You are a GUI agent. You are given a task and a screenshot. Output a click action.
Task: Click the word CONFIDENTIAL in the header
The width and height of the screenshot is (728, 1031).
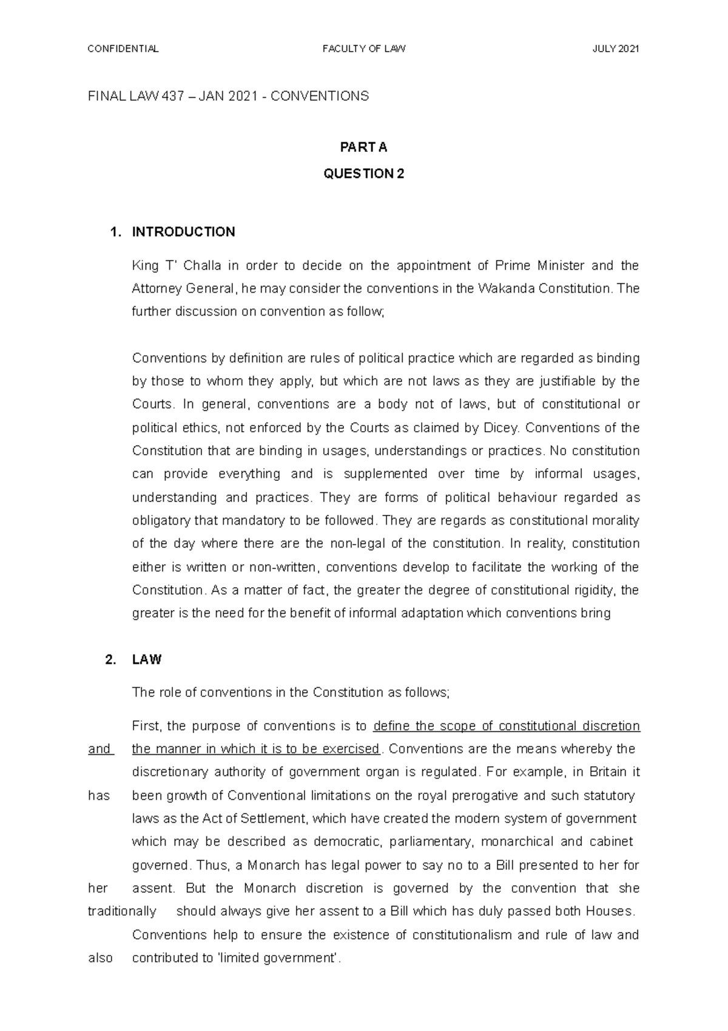pyautogui.click(x=123, y=49)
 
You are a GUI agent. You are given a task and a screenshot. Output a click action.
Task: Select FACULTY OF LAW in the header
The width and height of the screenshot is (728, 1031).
pyautogui.click(x=364, y=49)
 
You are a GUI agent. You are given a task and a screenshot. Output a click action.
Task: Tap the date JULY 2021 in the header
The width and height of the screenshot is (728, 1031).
pyautogui.click(x=616, y=49)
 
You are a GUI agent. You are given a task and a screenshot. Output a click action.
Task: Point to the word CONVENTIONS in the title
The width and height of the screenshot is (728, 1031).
pyautogui.click(x=320, y=96)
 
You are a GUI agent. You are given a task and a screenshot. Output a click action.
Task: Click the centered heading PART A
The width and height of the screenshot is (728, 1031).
pyautogui.click(x=364, y=148)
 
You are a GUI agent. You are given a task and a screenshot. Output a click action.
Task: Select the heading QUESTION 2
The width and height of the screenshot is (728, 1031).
pyautogui.click(x=364, y=174)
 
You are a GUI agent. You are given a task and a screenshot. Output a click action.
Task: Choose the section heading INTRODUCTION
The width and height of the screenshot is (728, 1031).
pyautogui.click(x=183, y=232)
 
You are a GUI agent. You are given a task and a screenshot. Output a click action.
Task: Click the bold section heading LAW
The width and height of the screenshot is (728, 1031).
pyautogui.click(x=147, y=660)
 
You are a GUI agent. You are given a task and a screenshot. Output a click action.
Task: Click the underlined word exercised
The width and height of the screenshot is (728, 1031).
pyautogui.click(x=350, y=749)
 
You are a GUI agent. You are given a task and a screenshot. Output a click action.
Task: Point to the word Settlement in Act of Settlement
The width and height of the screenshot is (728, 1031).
pyautogui.click(x=275, y=818)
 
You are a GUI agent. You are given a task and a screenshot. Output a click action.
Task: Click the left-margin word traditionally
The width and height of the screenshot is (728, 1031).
pyautogui.click(x=122, y=911)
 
